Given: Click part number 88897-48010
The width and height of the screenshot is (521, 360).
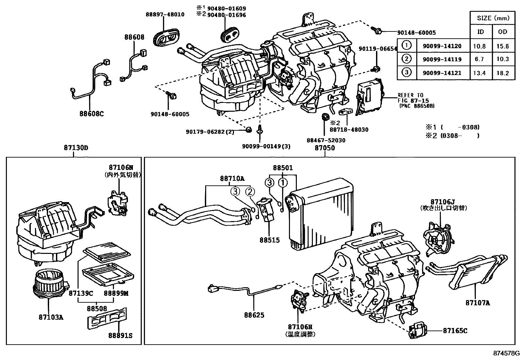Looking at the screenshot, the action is [x=165, y=14].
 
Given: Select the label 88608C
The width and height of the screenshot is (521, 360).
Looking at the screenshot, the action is [x=92, y=114].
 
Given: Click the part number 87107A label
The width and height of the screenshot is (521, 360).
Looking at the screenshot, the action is [x=477, y=303].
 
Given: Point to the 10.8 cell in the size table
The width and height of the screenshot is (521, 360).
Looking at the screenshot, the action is [x=479, y=46].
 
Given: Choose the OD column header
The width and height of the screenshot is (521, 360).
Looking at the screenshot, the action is [x=503, y=32].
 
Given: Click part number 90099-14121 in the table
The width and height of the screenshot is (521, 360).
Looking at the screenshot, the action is [x=442, y=73].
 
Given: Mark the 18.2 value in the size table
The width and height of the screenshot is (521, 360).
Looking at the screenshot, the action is [x=503, y=73].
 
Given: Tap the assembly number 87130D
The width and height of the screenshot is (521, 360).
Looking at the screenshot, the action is [x=76, y=148].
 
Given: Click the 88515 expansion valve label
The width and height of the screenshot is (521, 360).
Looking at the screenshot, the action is [x=270, y=240].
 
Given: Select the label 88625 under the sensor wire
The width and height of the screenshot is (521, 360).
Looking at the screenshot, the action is [x=254, y=315].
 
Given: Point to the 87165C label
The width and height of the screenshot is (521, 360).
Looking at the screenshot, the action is [x=455, y=331].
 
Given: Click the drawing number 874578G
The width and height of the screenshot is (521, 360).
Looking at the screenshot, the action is [x=506, y=353].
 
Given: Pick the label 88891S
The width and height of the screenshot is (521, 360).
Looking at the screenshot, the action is [x=120, y=335].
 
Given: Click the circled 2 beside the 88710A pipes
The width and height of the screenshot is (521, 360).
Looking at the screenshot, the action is [x=250, y=192].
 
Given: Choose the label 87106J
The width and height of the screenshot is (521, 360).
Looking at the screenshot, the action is [x=442, y=202].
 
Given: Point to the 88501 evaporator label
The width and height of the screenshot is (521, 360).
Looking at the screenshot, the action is [x=283, y=168].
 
